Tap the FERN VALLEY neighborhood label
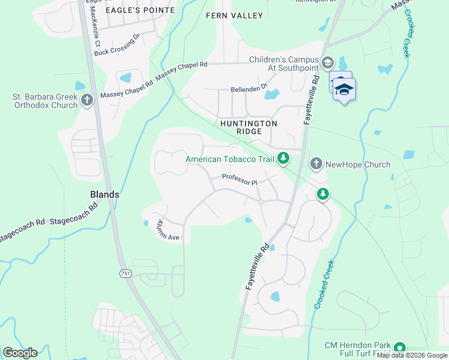pos(234,15)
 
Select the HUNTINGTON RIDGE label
pos(249,128)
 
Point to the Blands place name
pos(104,194)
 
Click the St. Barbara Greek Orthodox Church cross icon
pos(87,100)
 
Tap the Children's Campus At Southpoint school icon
pos(328,63)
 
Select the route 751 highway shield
pos(125,273)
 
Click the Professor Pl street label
pos(239,178)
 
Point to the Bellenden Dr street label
pos(249,89)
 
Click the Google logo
pos(20,353)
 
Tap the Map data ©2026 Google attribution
pos(412,355)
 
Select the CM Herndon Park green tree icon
pos(399,347)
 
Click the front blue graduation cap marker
pos(344,89)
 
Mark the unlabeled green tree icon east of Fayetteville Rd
pos(323,194)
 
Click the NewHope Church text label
pos(358,164)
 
